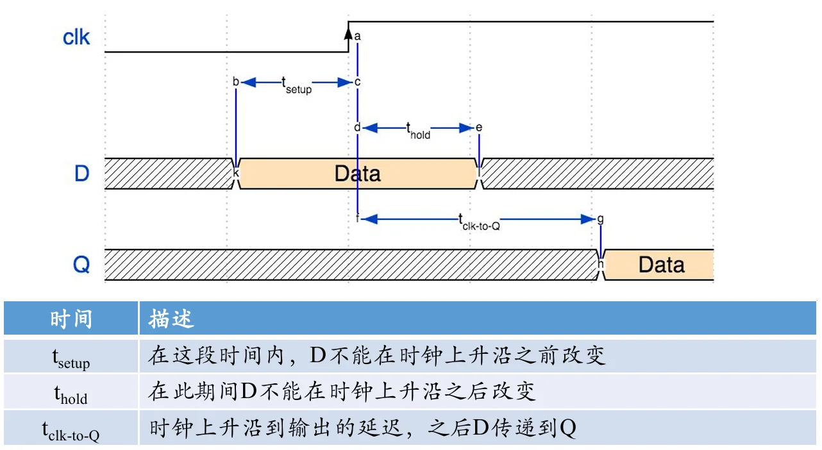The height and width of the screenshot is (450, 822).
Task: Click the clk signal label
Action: pyautogui.click(x=76, y=37)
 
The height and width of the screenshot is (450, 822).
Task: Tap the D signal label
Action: pyautogui.click(x=81, y=174)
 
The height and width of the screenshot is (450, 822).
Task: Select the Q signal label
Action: pyautogui.click(x=81, y=264)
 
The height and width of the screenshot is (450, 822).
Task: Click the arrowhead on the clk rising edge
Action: pyautogui.click(x=348, y=33)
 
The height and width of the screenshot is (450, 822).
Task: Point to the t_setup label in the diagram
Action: pyautogui.click(x=296, y=85)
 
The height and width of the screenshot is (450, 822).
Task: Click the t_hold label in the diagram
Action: pyautogui.click(x=418, y=131)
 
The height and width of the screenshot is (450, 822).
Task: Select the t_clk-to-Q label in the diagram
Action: pyautogui.click(x=479, y=222)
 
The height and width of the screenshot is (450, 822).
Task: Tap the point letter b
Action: pyautogui.click(x=236, y=81)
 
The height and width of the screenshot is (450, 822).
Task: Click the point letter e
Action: pyautogui.click(x=479, y=128)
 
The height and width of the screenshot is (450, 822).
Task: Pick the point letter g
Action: pyautogui.click(x=600, y=219)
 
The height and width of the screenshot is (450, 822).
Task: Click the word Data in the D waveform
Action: pyautogui.click(x=357, y=174)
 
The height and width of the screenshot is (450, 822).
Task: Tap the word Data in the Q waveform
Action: pyautogui.click(x=661, y=265)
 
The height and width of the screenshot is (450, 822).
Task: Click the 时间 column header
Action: pyautogui.click(x=71, y=319)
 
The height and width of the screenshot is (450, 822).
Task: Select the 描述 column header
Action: pyautogui.click(x=171, y=319)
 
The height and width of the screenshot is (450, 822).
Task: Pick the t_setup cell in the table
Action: pyautogui.click(x=71, y=358)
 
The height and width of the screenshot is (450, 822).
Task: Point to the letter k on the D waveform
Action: pyautogui.click(x=236, y=172)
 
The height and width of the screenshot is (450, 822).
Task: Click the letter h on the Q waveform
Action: pyautogui.click(x=600, y=263)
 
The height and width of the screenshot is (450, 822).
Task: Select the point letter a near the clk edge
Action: pyautogui.click(x=357, y=37)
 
